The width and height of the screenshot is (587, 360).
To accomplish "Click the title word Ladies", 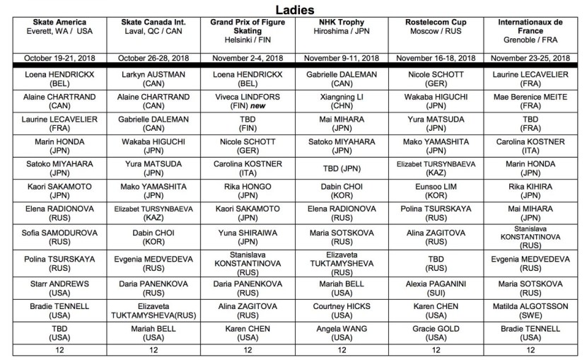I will point(293,9).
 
